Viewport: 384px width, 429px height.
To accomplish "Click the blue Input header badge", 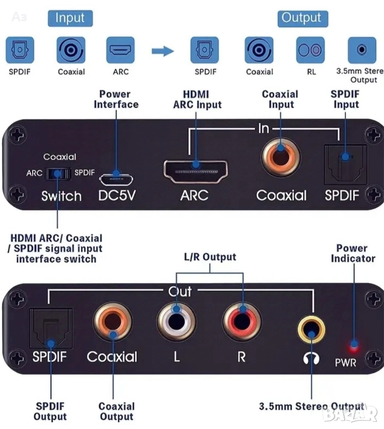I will pyautogui.click(x=70, y=18).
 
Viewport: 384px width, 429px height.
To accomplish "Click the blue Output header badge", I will pyautogui.click(x=301, y=18).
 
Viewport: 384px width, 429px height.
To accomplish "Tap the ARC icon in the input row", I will pyautogui.click(x=121, y=51).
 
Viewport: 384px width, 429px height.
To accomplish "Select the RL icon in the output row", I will pyautogui.click(x=310, y=51).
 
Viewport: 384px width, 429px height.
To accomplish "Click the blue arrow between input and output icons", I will pyautogui.click(x=163, y=51).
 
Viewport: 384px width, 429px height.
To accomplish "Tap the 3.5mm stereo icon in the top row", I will pyautogui.click(x=362, y=51).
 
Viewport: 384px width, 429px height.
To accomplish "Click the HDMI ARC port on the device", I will pyautogui.click(x=195, y=170).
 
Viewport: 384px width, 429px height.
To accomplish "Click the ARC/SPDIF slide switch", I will pyautogui.click(x=57, y=173).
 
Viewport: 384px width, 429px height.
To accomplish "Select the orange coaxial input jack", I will pyautogui.click(x=281, y=159).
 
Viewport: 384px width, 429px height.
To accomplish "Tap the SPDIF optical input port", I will pyautogui.click(x=345, y=164).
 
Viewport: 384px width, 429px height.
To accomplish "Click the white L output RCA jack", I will pyautogui.click(x=176, y=323).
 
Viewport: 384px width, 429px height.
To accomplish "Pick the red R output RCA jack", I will pyautogui.click(x=242, y=322).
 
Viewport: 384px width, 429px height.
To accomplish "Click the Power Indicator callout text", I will pyautogui.click(x=353, y=253).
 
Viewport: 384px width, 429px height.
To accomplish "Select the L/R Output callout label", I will pyautogui.click(x=210, y=257).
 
